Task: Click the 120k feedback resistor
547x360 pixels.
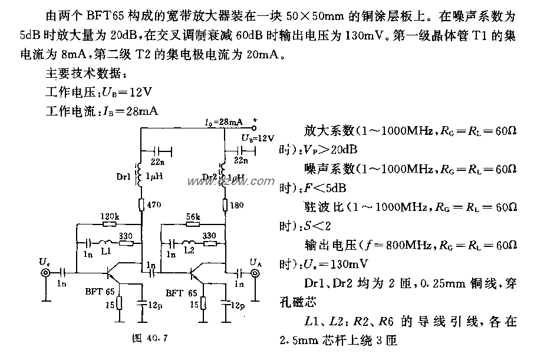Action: pyautogui.click(x=109, y=224)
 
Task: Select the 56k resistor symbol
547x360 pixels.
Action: pyautogui.click(x=193, y=224)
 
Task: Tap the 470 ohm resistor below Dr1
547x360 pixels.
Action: pyautogui.click(x=142, y=205)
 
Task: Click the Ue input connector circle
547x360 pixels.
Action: pyautogui.click(x=45, y=273)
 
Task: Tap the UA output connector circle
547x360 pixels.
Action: pyautogui.click(x=255, y=273)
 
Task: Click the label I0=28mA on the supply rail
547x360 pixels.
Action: pyautogui.click(x=222, y=122)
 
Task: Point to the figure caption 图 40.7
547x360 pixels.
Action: pyautogui.click(x=147, y=339)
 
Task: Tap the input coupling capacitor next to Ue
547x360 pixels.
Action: pyautogui.click(x=62, y=273)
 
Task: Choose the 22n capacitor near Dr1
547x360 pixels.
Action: pyautogui.click(x=157, y=150)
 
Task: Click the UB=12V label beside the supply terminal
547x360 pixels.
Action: pyautogui.click(x=258, y=138)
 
